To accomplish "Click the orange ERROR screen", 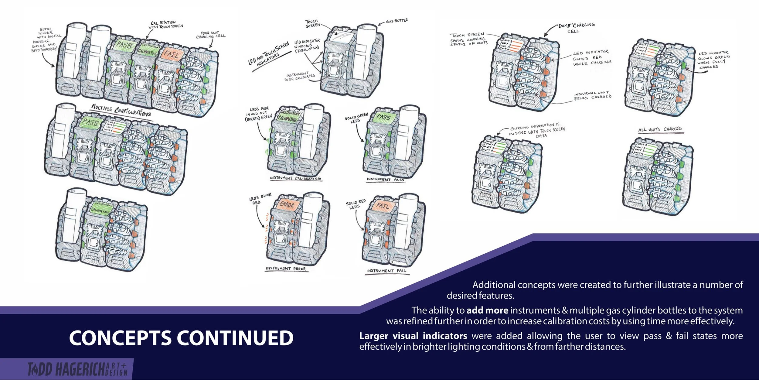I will [x=286, y=205].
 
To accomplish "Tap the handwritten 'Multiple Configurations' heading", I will [x=121, y=110].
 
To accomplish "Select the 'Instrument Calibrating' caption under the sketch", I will [x=295, y=178].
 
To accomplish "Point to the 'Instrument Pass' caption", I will [x=385, y=180].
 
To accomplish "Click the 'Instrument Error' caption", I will [x=285, y=269].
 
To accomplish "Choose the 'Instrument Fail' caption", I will [x=386, y=270].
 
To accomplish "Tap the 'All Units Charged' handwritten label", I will [x=660, y=129].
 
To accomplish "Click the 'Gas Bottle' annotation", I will [x=397, y=21].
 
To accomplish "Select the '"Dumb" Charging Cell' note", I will [x=575, y=28].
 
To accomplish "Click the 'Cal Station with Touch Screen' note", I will [x=165, y=25].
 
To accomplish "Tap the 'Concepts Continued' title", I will [x=181, y=338].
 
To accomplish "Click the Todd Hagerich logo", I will [x=77, y=369].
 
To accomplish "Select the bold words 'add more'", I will [x=487, y=310].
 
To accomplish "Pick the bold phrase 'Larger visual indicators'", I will [x=413, y=336].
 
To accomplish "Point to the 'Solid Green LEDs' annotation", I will [x=356, y=118].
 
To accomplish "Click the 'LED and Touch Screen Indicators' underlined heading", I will [x=269, y=55].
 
